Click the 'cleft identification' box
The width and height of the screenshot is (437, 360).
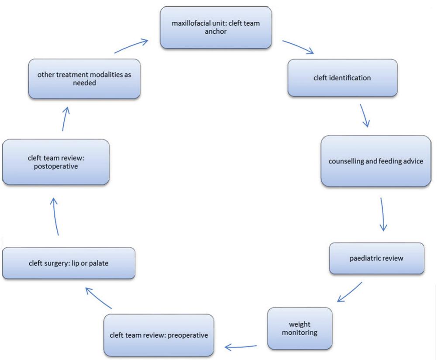tap(343, 78)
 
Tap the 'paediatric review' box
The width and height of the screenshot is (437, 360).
tap(376, 258)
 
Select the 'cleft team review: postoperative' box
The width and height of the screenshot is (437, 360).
tap(55, 162)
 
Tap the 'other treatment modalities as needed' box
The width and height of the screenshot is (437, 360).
tap(84, 79)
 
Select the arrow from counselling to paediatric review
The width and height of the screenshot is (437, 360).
tap(383, 214)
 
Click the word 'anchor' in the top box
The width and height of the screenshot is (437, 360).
tap(217, 31)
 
